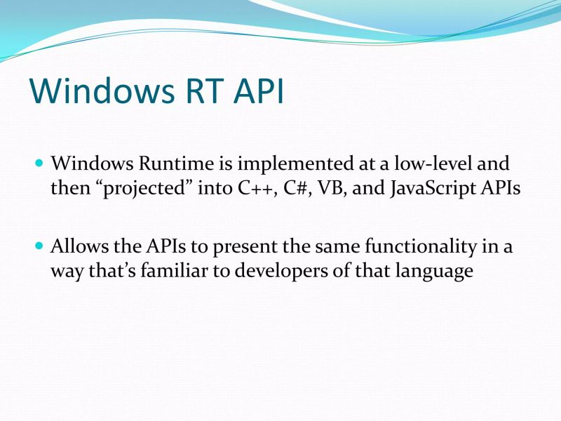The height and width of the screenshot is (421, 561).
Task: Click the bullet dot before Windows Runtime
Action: (39, 163)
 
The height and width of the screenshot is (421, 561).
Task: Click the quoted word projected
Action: (150, 189)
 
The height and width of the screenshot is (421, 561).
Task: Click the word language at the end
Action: (433, 272)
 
